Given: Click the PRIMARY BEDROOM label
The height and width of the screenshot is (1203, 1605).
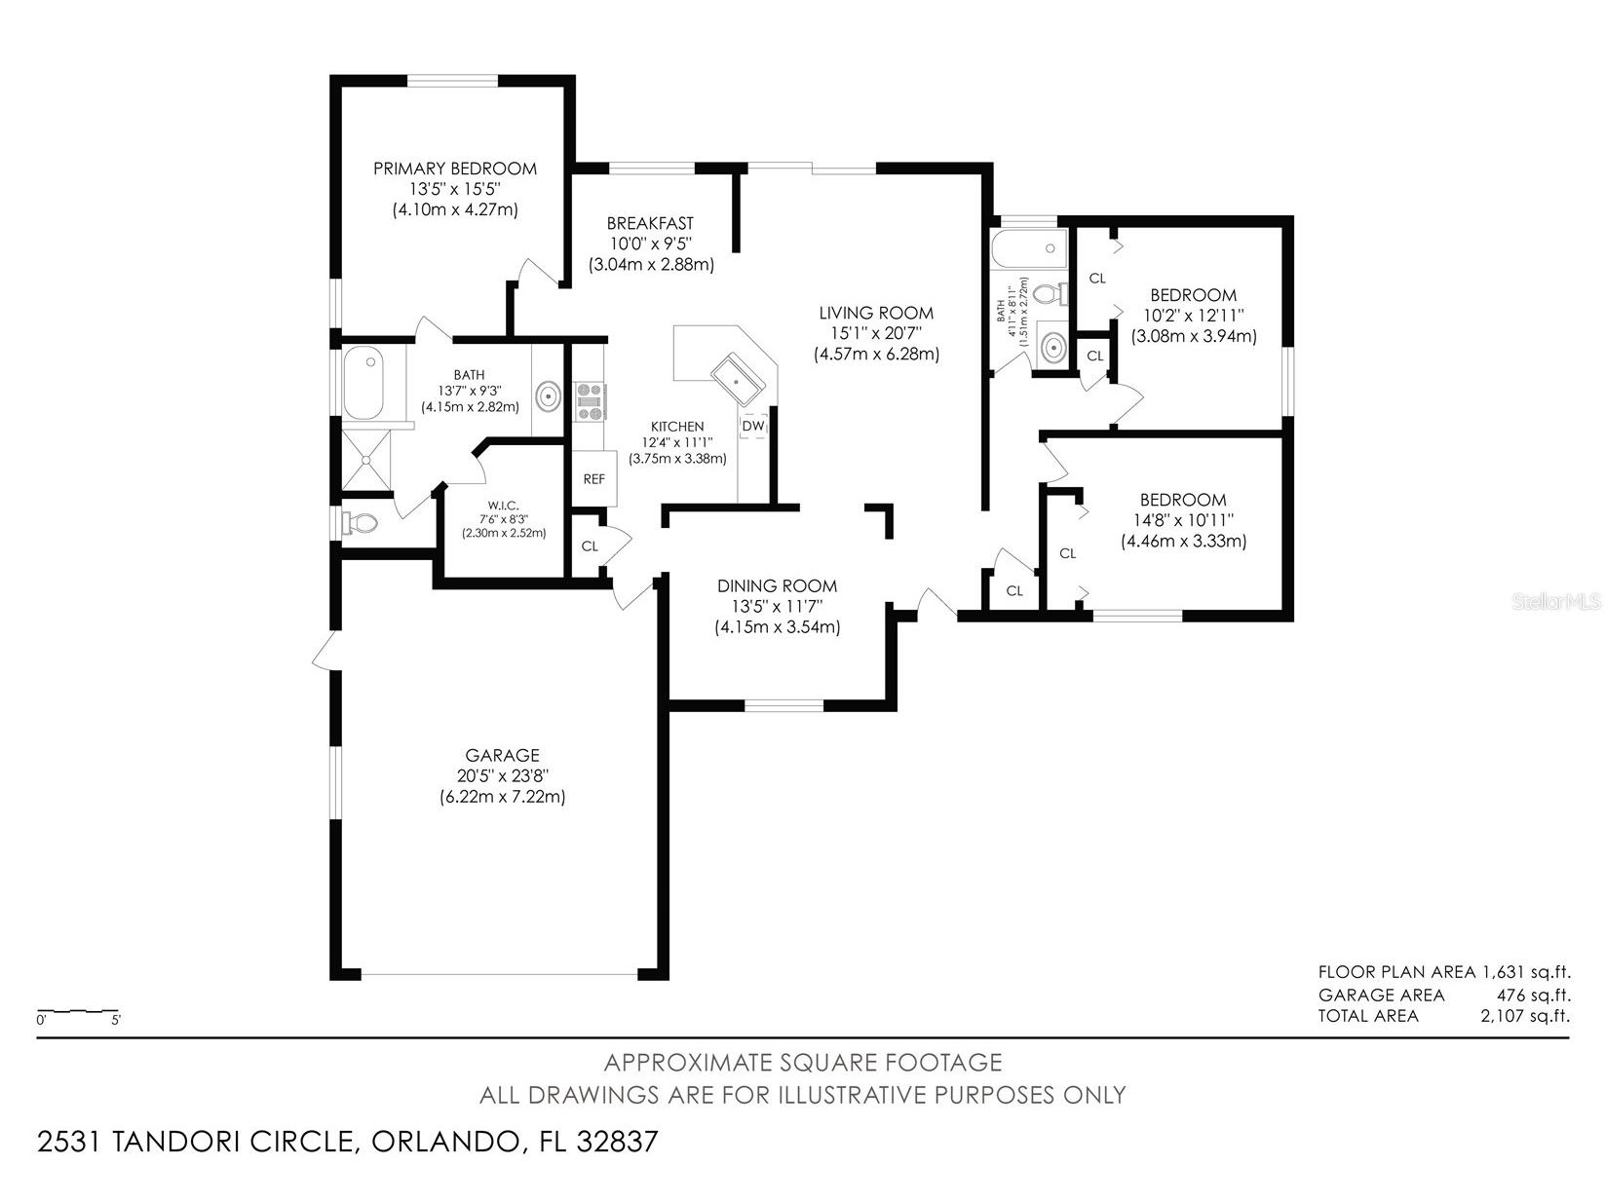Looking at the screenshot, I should [x=455, y=169].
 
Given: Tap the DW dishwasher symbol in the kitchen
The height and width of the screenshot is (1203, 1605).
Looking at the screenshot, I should [x=753, y=427].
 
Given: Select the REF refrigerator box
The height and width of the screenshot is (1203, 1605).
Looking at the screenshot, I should [x=593, y=478].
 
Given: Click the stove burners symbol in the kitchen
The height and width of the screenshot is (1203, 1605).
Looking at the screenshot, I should [x=590, y=401].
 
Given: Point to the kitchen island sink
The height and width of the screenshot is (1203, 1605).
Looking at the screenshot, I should [x=738, y=381].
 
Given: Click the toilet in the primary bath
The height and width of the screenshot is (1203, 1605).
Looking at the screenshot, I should [x=360, y=524].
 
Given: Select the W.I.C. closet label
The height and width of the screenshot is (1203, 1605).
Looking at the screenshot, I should [x=503, y=505].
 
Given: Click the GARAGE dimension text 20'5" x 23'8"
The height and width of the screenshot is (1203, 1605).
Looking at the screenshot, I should [x=502, y=776].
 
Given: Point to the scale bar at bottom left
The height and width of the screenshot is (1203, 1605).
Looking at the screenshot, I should [x=78, y=1012].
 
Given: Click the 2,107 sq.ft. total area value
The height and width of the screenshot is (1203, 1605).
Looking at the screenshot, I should [x=1525, y=1016].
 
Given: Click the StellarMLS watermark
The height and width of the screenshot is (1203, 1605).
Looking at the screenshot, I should [x=1556, y=602].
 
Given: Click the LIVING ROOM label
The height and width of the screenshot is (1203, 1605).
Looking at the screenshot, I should [x=875, y=313].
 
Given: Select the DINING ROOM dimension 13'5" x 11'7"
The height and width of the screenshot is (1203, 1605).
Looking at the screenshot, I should [x=777, y=606].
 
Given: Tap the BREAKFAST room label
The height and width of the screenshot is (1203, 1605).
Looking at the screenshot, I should [x=650, y=224].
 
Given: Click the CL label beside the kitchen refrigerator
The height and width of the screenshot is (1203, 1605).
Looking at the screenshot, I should [x=590, y=545].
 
